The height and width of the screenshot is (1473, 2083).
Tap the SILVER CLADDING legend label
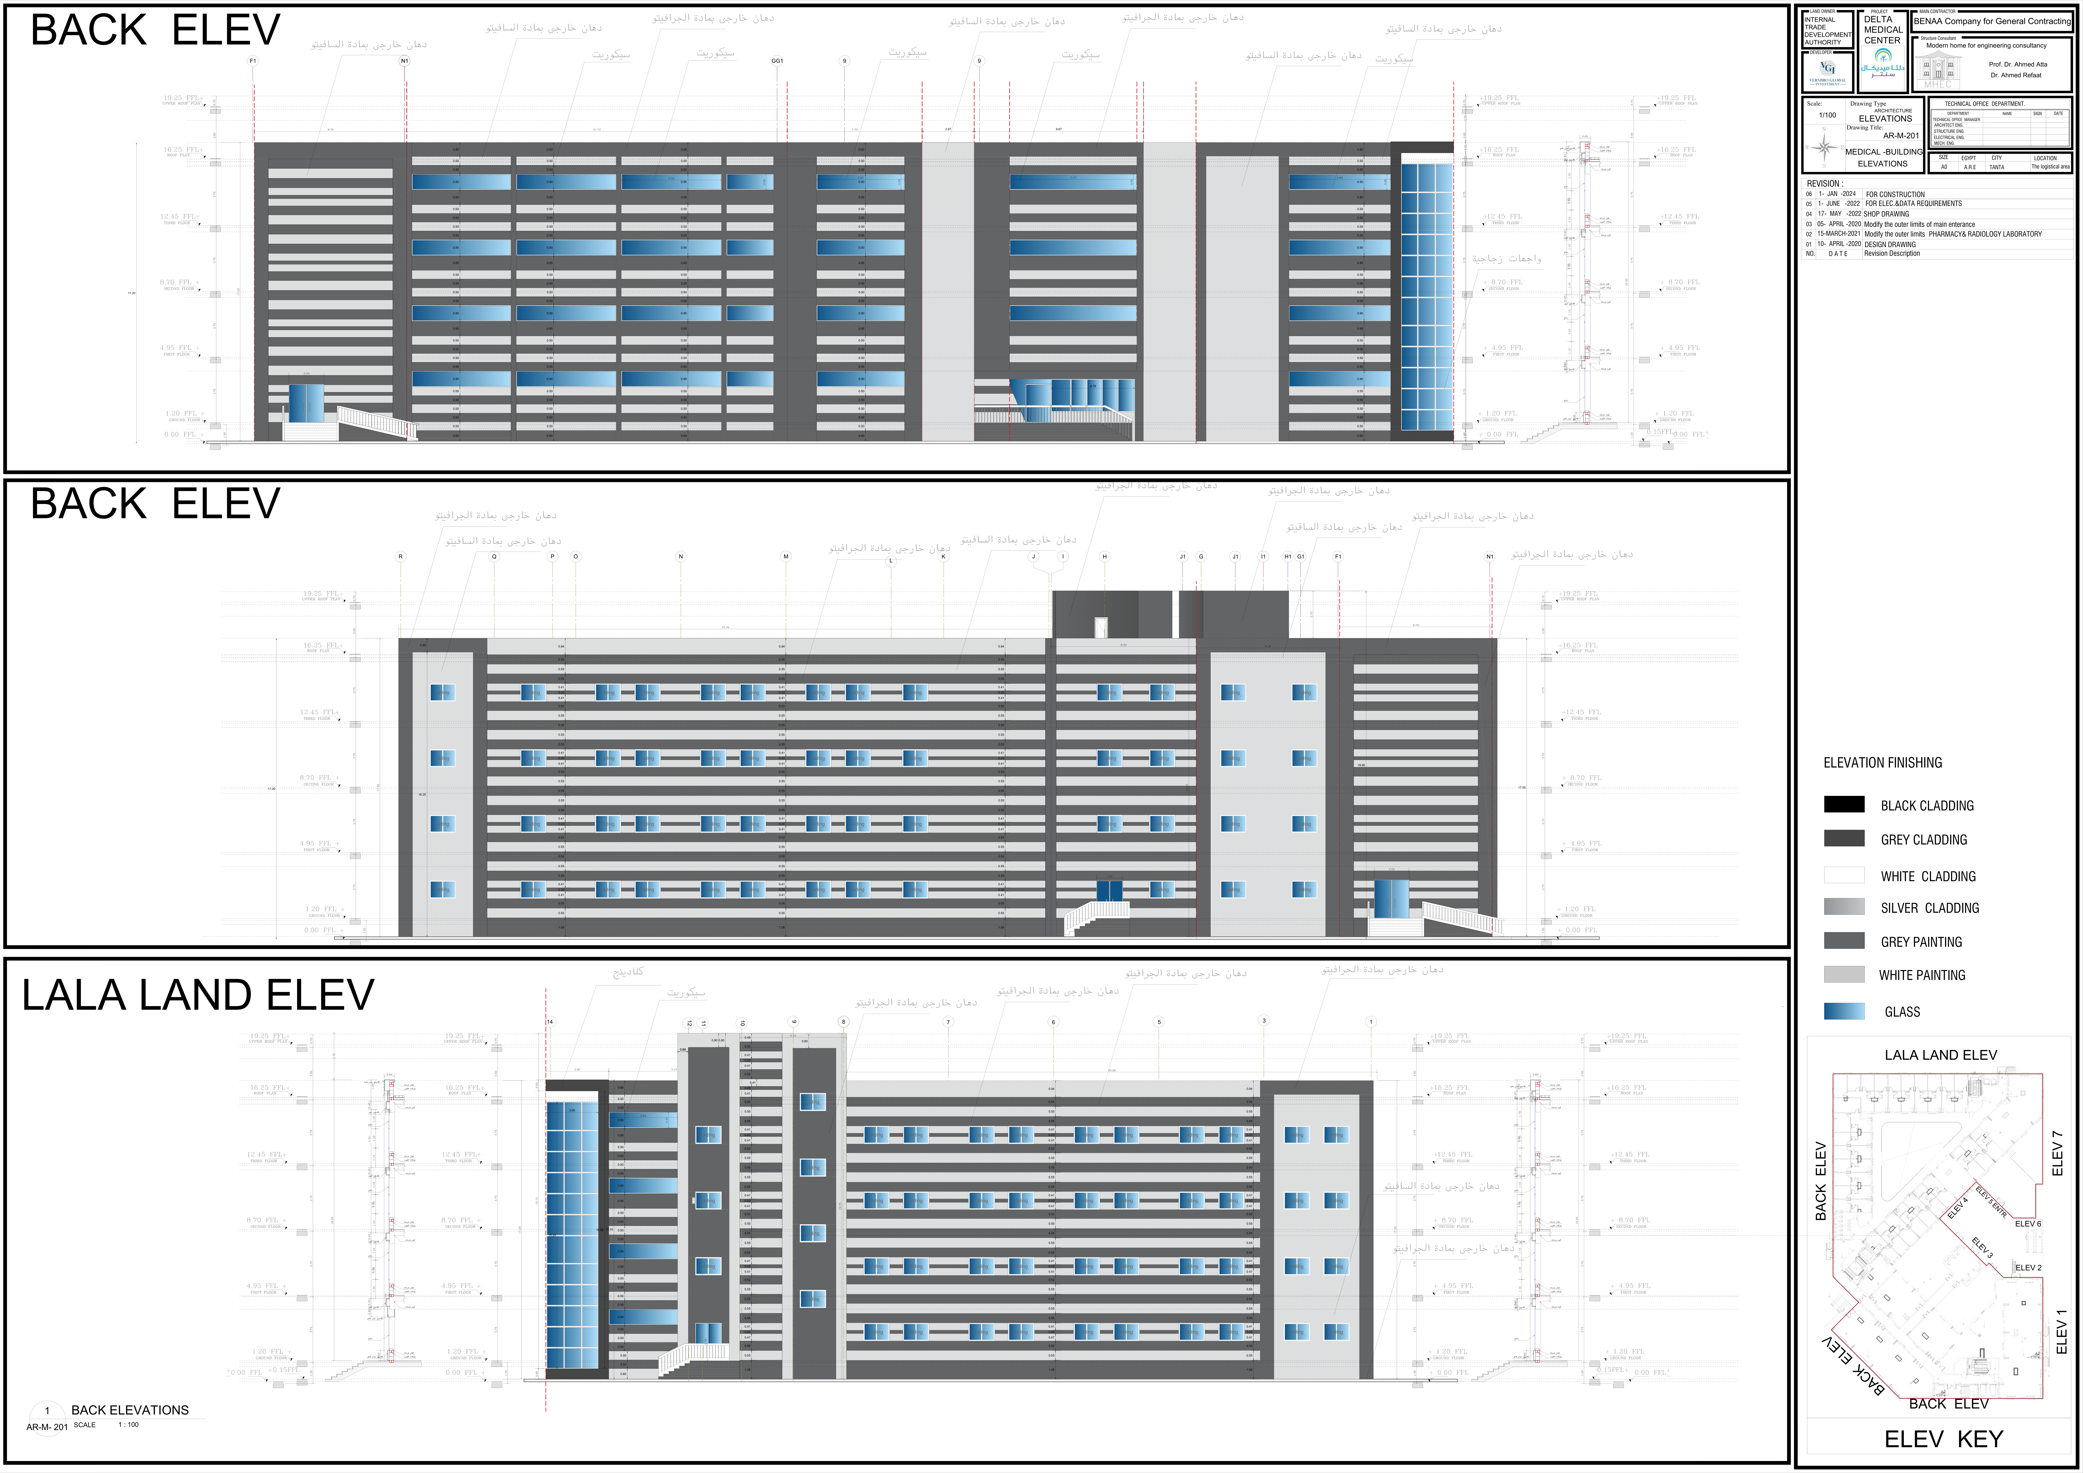click(x=1930, y=908)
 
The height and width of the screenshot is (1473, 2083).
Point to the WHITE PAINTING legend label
click(x=1921, y=975)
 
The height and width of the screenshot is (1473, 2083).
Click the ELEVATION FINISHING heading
click(x=1883, y=763)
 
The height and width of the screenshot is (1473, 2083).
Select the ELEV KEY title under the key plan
click(x=1942, y=1439)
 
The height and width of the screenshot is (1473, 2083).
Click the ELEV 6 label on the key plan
click(x=2028, y=1223)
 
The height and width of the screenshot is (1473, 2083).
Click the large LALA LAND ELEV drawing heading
click(x=198, y=995)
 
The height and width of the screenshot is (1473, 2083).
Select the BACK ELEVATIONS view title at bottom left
click(x=130, y=1411)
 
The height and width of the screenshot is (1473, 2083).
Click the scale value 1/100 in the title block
click(x=1827, y=115)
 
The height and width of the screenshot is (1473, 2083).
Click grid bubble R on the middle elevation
click(x=400, y=557)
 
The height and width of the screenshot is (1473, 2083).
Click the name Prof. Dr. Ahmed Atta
click(x=2018, y=64)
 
